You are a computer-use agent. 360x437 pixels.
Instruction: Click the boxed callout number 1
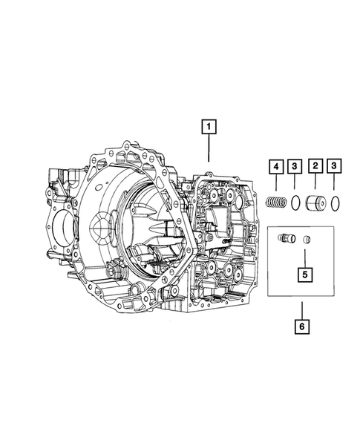(209, 128)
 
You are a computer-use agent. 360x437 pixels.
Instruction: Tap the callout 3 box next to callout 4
(295, 167)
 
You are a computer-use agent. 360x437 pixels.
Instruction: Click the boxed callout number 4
(275, 167)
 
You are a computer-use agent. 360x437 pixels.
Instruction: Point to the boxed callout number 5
(305, 275)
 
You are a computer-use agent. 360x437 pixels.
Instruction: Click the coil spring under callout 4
(275, 202)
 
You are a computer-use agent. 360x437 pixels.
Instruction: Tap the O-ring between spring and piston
(295, 202)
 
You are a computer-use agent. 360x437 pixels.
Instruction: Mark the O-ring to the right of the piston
(336, 202)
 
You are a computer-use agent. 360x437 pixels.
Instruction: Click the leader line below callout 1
(209, 149)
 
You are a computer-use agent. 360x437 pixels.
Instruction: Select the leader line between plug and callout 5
(305, 257)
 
